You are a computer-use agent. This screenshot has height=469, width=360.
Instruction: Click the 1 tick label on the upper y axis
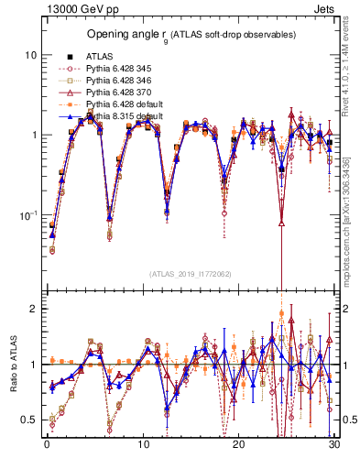(31, 135)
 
